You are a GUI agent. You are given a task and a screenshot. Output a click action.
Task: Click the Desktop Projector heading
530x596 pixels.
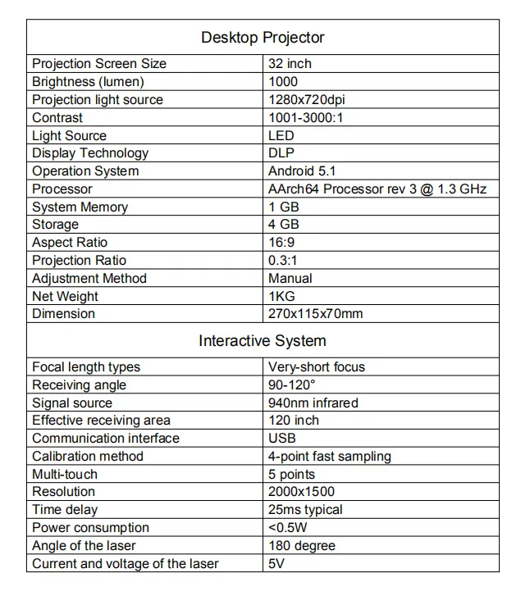(263, 38)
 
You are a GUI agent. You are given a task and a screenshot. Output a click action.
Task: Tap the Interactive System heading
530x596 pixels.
(263, 341)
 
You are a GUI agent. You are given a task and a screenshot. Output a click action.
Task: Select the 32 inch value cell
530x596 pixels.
(290, 64)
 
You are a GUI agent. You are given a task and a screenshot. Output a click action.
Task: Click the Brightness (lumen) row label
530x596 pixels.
(88, 82)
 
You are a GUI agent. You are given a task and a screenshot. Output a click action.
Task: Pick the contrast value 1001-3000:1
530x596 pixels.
(307, 118)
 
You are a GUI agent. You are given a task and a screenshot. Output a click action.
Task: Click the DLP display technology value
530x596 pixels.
(281, 153)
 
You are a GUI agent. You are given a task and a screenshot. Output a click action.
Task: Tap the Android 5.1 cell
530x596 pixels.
(302, 171)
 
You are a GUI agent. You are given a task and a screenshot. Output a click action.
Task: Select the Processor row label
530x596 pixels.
(62, 189)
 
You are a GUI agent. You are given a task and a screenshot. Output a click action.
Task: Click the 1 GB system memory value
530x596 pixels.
(284, 207)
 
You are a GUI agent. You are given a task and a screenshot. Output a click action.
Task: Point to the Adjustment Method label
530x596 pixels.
(89, 279)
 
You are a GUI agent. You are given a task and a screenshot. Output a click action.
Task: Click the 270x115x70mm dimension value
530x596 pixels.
(315, 314)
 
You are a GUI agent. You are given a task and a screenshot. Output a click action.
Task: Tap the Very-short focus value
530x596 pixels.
(317, 367)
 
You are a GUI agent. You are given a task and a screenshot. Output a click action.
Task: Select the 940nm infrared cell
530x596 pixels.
(313, 403)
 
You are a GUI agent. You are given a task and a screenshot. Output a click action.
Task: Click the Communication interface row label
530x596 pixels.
(106, 439)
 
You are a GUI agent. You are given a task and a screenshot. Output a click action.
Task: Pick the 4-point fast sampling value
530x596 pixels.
(330, 457)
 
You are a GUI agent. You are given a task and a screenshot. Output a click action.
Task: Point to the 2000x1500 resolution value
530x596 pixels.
(301, 492)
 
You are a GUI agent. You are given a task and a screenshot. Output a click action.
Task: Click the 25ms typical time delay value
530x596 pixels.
(305, 510)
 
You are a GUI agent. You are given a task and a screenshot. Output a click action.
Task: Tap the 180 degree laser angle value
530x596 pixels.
(302, 546)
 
